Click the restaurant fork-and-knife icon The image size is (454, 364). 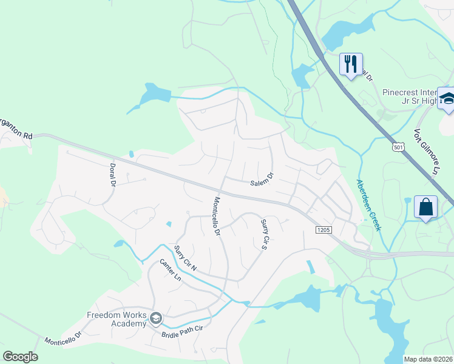(x=351, y=64)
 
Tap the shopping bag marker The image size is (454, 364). (x=425, y=207)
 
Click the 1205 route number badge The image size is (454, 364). (x=323, y=230)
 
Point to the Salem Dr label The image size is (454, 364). (x=262, y=178)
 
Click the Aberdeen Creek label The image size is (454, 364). (x=369, y=204)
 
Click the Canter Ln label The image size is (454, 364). (x=171, y=270)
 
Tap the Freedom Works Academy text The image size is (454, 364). (x=117, y=319)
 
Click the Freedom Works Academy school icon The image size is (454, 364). (x=156, y=318)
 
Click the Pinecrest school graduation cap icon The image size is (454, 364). (x=447, y=99)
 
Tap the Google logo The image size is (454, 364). (x=20, y=357)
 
